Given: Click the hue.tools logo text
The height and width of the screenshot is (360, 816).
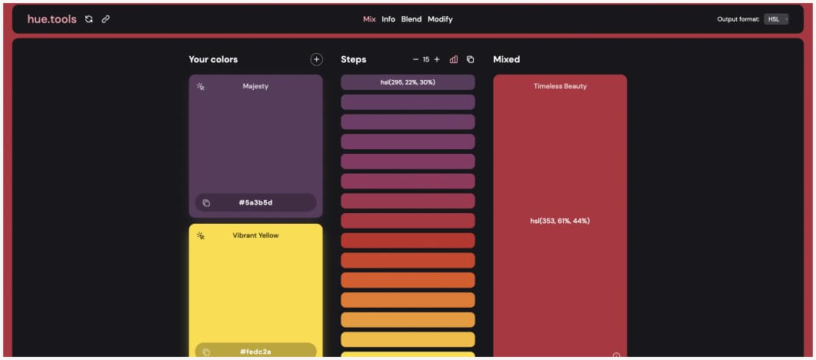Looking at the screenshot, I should click(x=52, y=19).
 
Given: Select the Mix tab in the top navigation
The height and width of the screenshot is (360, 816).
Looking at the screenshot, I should click(x=369, y=19).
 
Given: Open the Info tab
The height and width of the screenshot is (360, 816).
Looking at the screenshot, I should click(x=388, y=19).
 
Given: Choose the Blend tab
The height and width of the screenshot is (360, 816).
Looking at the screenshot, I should click(x=411, y=19).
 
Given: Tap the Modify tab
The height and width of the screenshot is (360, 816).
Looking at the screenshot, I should click(x=440, y=19).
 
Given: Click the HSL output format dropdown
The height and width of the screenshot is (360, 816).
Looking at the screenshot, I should click(x=776, y=19).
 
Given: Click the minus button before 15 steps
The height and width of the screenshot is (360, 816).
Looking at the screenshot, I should click(x=416, y=59).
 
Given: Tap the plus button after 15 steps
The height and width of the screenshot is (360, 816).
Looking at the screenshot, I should click(x=437, y=59).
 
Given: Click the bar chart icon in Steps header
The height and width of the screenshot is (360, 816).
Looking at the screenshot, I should click(x=454, y=59).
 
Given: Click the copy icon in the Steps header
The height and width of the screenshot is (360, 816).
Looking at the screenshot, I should click(x=471, y=59).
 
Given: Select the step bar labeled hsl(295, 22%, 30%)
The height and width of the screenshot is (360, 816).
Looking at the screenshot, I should click(x=408, y=82).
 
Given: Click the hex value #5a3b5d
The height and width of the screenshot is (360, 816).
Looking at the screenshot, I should click(x=255, y=203).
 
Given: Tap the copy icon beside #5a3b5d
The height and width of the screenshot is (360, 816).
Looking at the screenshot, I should click(x=206, y=203).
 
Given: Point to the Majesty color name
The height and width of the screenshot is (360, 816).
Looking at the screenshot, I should click(x=255, y=86).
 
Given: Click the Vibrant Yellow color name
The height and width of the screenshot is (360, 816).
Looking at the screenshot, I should click(x=255, y=235).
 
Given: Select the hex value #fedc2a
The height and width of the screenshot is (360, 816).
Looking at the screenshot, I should click(x=255, y=352).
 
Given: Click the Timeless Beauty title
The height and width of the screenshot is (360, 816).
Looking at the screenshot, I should click(x=560, y=86).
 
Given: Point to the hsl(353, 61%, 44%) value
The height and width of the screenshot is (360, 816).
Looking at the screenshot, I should click(x=560, y=221).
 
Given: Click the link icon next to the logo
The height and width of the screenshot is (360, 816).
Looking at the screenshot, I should click(x=106, y=19).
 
